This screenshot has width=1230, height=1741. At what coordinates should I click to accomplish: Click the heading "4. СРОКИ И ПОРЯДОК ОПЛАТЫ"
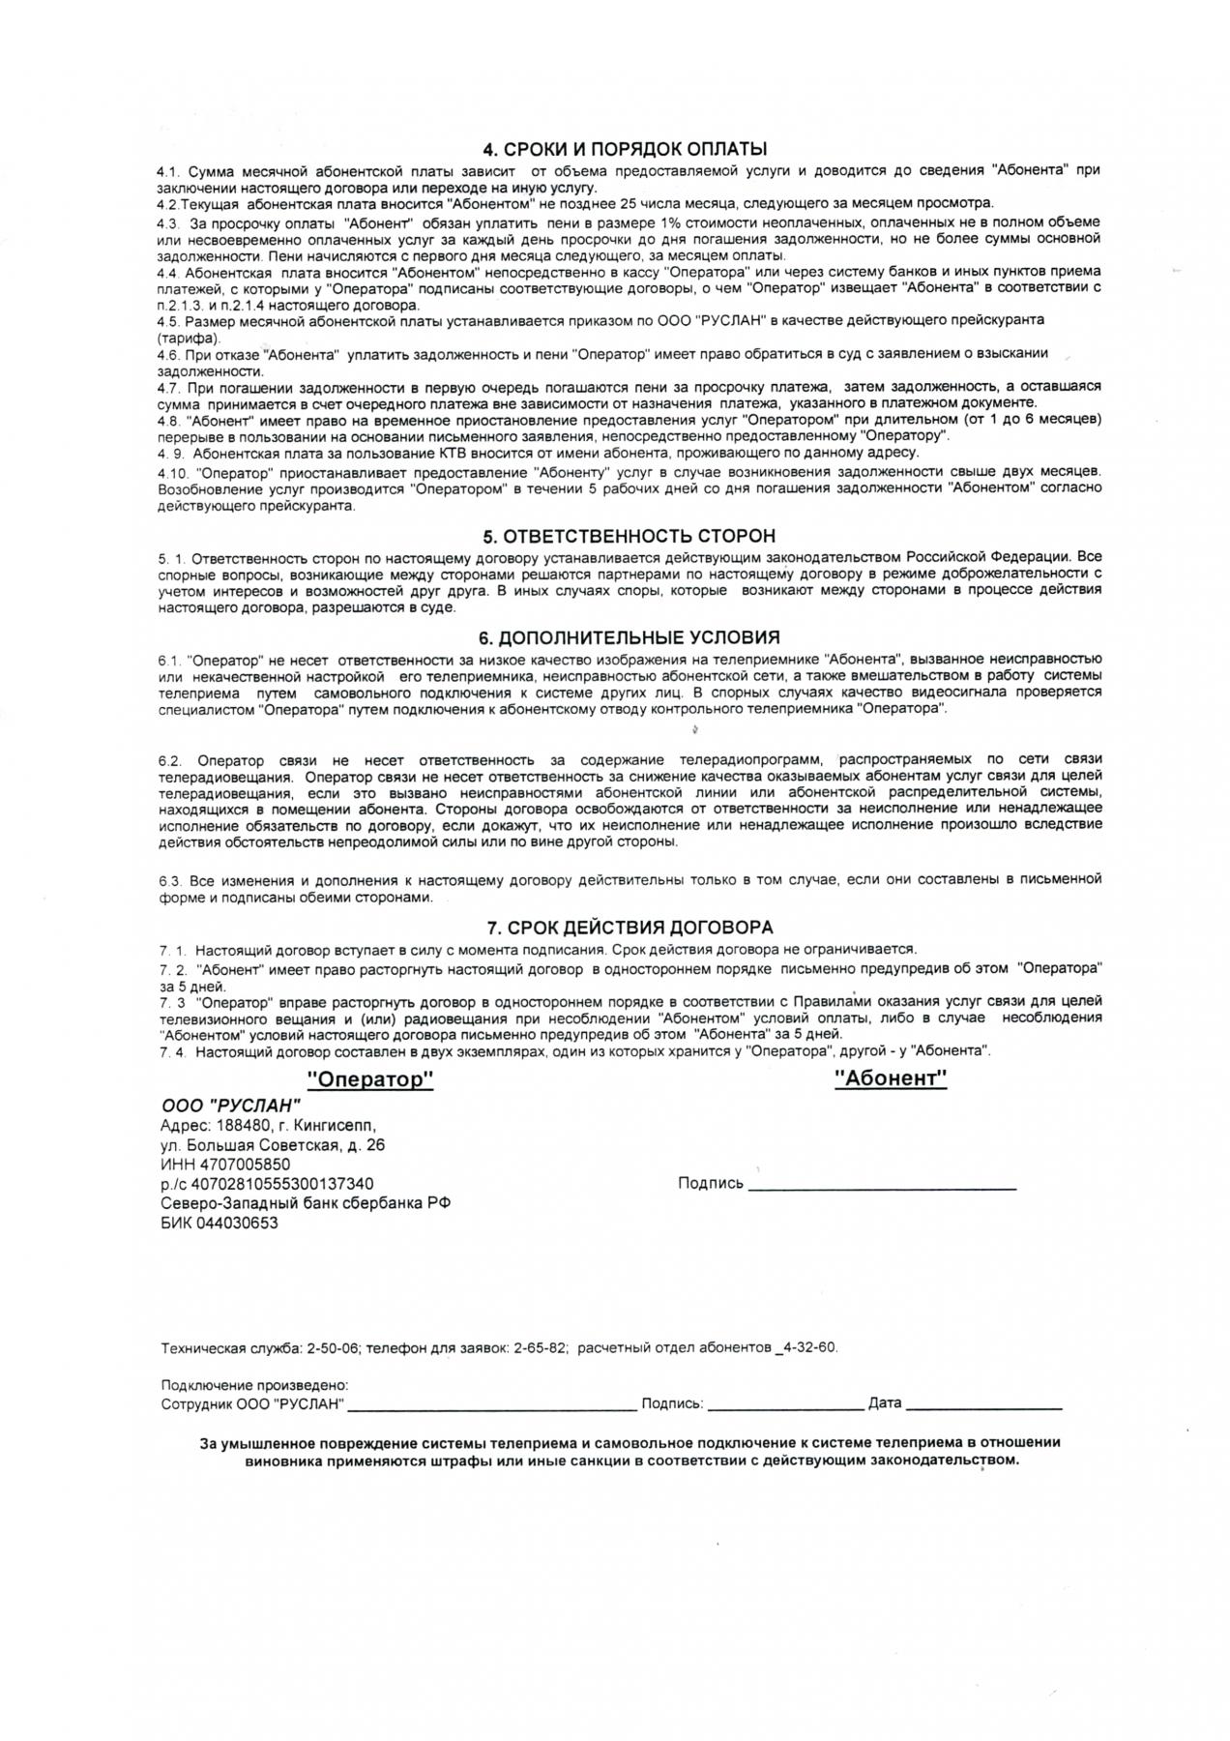click(625, 149)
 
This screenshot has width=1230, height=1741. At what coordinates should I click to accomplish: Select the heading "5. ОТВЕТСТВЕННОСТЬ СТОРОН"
click(629, 536)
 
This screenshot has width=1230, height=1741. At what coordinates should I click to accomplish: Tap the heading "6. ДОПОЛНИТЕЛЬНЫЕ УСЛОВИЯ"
click(629, 637)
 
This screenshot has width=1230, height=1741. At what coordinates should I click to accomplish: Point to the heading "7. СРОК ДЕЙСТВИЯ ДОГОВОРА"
click(629, 928)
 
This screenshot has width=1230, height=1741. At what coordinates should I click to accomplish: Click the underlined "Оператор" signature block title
click(369, 1079)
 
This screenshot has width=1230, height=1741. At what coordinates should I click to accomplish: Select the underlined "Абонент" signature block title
click(891, 1078)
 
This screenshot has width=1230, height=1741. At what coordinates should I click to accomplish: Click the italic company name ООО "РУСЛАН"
click(231, 1107)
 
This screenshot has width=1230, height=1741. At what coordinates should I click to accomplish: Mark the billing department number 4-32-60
click(810, 1347)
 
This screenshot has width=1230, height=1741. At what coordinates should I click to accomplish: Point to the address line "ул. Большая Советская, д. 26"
click(273, 1145)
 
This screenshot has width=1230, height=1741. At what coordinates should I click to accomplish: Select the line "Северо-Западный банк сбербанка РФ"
click(306, 1203)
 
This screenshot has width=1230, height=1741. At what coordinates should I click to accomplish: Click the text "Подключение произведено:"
click(254, 1385)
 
